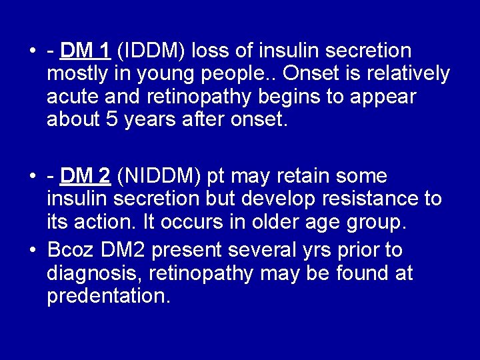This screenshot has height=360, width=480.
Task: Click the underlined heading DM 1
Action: coord(85,51)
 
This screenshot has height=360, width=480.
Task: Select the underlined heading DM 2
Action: coord(85,176)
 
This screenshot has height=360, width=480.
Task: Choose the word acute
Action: coord(71,97)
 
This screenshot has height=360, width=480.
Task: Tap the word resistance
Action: coord(365,199)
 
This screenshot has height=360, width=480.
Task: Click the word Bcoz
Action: coord(71,250)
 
